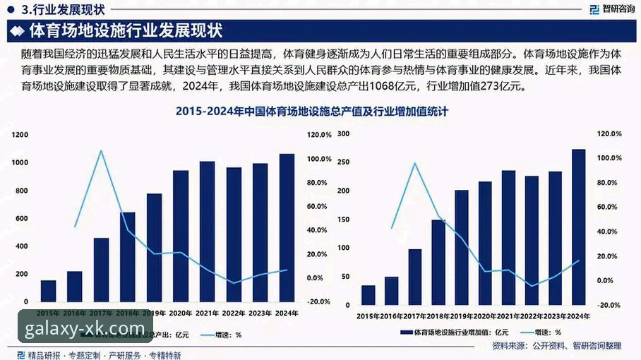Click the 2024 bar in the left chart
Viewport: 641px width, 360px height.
click(287, 228)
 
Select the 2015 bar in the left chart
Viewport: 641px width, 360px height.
click(48, 291)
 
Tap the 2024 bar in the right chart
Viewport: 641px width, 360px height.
click(578, 227)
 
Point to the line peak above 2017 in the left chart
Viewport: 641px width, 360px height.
click(101, 151)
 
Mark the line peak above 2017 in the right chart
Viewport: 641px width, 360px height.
click(414, 164)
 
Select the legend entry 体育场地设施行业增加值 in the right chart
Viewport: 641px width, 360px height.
click(459, 332)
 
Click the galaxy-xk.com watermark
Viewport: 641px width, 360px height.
click(85, 328)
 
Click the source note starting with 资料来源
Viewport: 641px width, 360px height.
click(556, 345)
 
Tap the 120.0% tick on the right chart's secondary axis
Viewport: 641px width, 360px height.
click(609, 133)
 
